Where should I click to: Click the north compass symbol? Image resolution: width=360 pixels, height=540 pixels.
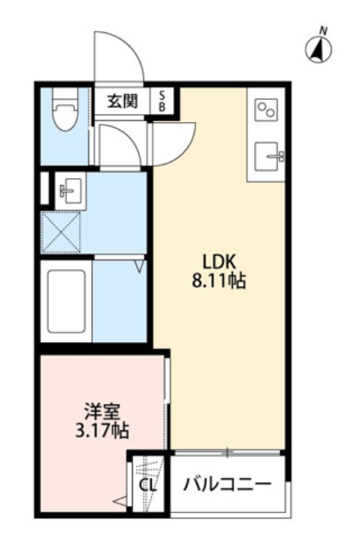[x=318, y=48]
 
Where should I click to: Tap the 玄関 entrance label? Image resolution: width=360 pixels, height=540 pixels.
[x=123, y=101]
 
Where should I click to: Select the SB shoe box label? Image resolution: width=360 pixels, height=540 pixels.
[x=161, y=101]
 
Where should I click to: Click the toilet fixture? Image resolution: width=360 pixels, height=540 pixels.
[x=65, y=109]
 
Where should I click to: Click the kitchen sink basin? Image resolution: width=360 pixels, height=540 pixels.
[x=267, y=157]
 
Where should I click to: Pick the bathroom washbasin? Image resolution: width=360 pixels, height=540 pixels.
[x=70, y=191]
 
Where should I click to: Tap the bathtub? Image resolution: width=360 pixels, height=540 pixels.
[x=66, y=302]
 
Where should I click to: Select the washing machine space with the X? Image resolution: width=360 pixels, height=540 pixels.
[x=61, y=232]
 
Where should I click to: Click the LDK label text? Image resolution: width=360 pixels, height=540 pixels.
[x=218, y=263]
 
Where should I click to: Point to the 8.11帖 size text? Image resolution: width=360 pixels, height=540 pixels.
[x=218, y=281]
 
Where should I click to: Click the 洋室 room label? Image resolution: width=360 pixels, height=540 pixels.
[x=102, y=413]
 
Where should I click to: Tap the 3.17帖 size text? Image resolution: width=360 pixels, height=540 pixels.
[x=102, y=431]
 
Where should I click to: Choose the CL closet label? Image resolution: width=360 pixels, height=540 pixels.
[x=148, y=485]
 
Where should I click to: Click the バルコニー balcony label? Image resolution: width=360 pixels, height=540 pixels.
[x=227, y=485]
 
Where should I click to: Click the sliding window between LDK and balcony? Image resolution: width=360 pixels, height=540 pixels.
[x=227, y=452]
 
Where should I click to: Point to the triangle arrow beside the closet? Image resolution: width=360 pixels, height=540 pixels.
[x=120, y=502]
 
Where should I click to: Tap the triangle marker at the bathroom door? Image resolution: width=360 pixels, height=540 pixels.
[x=140, y=266]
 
